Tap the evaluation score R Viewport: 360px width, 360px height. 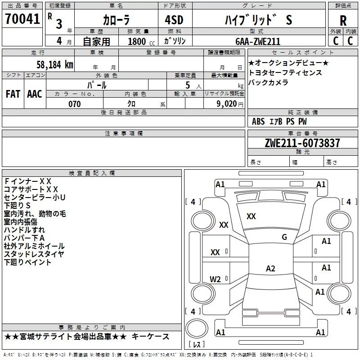coord(343,21)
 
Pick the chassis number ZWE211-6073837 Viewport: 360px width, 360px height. coord(302,144)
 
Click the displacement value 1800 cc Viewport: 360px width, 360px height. coord(141,41)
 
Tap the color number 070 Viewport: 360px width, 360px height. coord(74,104)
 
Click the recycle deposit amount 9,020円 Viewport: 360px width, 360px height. coord(230,104)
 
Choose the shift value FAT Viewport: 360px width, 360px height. coord(13,94)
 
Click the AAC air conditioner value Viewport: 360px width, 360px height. coord(34,94)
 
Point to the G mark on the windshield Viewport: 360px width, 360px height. coord(284,237)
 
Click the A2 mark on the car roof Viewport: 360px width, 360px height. coord(270,269)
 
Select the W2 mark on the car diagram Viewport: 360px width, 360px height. coord(216,279)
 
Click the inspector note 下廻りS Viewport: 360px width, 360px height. coord(17,206)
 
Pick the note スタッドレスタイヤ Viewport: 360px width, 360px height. coord(34,254)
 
